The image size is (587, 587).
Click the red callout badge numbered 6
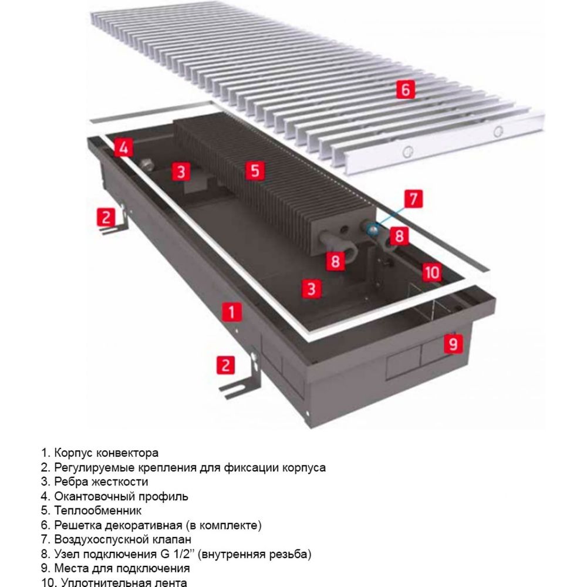(x=406, y=90)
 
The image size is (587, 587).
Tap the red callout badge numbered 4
(x=123, y=147)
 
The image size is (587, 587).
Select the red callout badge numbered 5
(x=255, y=171)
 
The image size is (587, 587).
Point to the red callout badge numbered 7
(x=413, y=199)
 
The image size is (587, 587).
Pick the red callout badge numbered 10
(x=432, y=272)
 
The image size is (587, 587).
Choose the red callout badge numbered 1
(x=232, y=312)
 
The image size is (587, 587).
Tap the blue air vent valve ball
(x=373, y=229)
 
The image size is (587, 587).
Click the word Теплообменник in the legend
(x=98, y=511)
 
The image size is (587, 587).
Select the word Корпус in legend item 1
(x=73, y=453)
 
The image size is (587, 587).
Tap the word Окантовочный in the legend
(x=95, y=497)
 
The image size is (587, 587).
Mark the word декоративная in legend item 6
(x=143, y=525)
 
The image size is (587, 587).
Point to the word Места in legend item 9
(x=71, y=568)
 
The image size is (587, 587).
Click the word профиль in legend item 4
(x=164, y=497)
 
